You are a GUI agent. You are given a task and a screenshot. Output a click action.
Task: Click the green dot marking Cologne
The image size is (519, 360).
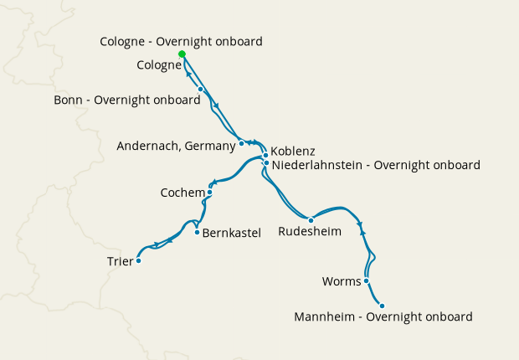click(182, 54)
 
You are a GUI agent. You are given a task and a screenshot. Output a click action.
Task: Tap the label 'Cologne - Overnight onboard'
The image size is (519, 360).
click(181, 41)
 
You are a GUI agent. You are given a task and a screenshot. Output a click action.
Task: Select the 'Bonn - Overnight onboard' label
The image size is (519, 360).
click(126, 100)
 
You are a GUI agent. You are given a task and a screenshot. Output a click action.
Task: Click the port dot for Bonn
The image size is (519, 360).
click(201, 89)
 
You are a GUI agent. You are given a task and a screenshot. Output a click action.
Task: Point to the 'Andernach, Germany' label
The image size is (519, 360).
click(176, 146)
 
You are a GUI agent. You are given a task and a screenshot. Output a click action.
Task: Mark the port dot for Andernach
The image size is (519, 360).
click(242, 143)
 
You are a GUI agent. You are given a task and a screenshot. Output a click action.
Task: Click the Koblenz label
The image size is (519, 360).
click(292, 151)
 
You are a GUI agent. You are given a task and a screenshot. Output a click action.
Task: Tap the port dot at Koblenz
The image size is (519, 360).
click(265, 155)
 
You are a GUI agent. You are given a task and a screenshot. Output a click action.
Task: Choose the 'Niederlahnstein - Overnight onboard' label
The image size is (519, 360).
click(376, 166)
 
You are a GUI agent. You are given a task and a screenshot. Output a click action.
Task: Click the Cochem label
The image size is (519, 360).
click(182, 193)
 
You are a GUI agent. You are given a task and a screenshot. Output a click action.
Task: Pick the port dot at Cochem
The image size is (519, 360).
click(209, 193)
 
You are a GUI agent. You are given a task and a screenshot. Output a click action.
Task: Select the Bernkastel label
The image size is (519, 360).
click(232, 232)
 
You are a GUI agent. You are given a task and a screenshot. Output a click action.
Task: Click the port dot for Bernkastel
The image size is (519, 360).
click(197, 232)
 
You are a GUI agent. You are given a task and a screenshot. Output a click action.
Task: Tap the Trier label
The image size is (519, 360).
click(120, 261)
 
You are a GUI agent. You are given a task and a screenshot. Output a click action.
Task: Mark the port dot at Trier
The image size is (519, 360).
click(139, 260)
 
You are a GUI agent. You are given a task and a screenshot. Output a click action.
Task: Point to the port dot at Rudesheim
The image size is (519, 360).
click(311, 220)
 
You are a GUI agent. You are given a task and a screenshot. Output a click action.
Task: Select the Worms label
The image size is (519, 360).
click(341, 281)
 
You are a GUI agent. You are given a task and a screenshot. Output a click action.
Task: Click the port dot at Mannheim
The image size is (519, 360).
click(382, 306)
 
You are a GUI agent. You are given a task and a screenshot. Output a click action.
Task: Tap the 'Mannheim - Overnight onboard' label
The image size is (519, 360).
click(383, 317)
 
